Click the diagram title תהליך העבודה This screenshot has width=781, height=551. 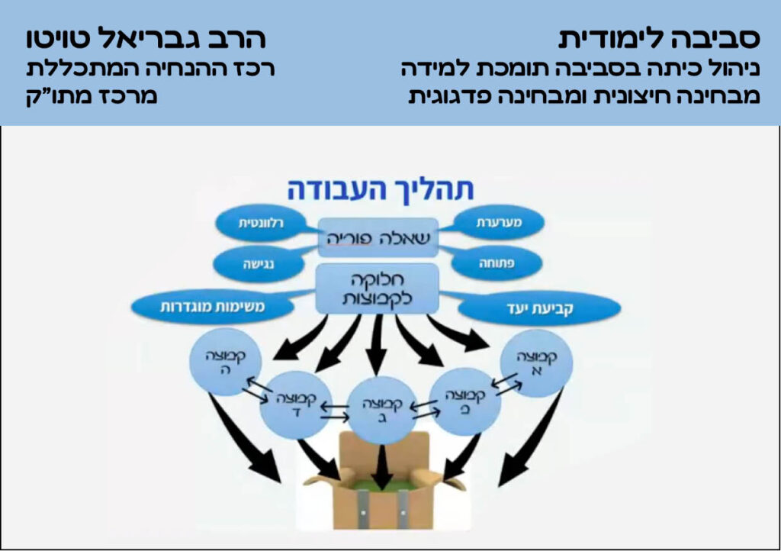pos(380,188)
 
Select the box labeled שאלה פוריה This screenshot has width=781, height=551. pos(380,237)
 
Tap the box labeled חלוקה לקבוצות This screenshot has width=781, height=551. pos(378,289)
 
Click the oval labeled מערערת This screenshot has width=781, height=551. pos(498,223)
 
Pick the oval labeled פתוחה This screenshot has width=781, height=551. pos(497,263)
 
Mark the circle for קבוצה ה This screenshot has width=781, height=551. pos(220,361)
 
